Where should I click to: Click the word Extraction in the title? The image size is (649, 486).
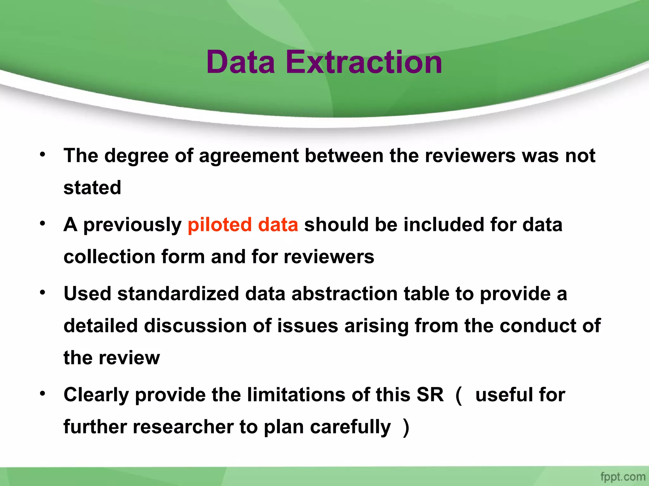tap(363, 62)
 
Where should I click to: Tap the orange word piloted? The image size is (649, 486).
tap(220, 225)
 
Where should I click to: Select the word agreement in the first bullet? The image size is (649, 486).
tap(249, 156)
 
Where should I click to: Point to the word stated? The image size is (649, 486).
tap(92, 188)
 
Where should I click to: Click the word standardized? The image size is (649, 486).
tap(178, 294)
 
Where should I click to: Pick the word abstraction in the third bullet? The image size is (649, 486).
tap(344, 294)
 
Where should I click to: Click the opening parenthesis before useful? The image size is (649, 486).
tap(459, 395)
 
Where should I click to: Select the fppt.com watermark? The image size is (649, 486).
tap(623, 477)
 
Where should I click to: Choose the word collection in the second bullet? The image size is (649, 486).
tap(109, 257)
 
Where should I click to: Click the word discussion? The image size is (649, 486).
tap(195, 326)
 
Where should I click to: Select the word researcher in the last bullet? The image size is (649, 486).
tap(183, 427)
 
